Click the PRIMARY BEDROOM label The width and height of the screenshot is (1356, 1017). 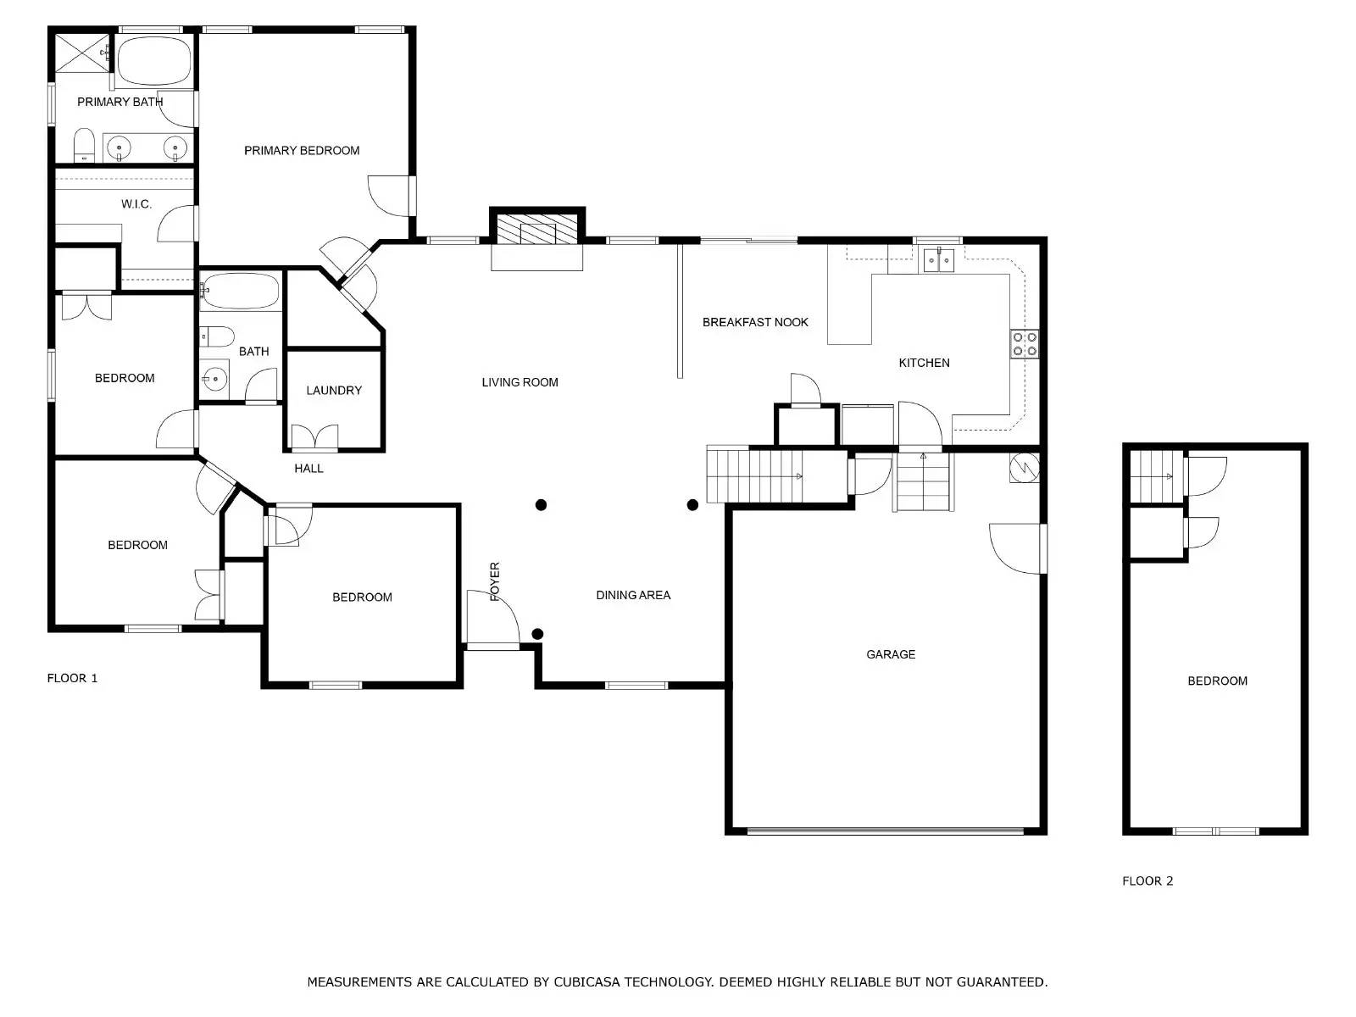pyautogui.click(x=302, y=151)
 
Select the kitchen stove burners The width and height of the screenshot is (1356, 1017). pyautogui.click(x=1025, y=343)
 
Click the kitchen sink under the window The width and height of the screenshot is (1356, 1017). pyautogui.click(x=938, y=259)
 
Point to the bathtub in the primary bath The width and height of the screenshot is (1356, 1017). pyautogui.click(x=153, y=60)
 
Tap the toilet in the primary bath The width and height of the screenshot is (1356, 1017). pyautogui.click(x=84, y=145)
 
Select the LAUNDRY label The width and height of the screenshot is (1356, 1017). pyautogui.click(x=334, y=391)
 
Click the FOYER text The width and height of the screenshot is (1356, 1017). pyautogui.click(x=495, y=581)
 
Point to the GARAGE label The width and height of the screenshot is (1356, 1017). pyautogui.click(x=891, y=654)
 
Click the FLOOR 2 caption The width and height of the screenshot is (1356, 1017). pyautogui.click(x=1148, y=881)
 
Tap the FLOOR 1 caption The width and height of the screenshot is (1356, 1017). pyautogui.click(x=72, y=678)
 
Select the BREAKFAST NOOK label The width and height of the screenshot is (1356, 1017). pyautogui.click(x=755, y=322)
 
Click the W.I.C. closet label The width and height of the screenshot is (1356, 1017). pyautogui.click(x=136, y=204)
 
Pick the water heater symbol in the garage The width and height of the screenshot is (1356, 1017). pyautogui.click(x=1025, y=468)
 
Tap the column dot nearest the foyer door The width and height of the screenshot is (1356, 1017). pyautogui.click(x=537, y=634)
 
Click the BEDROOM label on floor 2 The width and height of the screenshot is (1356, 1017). pyautogui.click(x=1217, y=681)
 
